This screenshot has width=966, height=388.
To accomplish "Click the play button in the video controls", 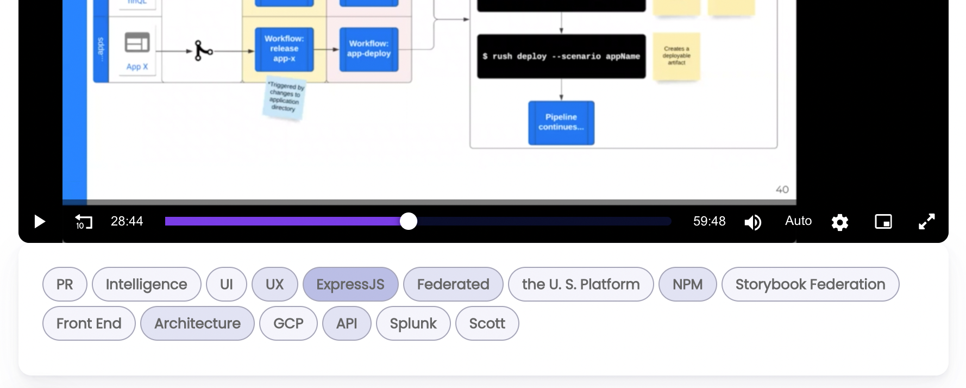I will coord(40,222).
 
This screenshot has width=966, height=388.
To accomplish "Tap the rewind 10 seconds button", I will coord(83,222).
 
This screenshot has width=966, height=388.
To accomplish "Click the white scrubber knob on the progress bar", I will coord(409,221).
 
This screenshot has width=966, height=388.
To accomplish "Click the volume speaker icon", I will coord(752,222).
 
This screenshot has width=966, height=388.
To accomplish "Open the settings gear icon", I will coord(839,222).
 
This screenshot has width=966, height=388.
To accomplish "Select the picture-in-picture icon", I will coord(883,222).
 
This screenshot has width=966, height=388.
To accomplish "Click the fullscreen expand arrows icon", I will coord(926,222).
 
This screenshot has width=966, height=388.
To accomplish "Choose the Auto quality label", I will coord(798,221).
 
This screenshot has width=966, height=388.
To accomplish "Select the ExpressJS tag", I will coord(350,284).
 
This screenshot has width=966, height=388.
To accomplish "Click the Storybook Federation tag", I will coord(810,284).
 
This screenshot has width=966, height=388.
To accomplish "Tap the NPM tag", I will coord(687,284).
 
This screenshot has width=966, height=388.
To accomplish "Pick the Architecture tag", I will coord(197,323).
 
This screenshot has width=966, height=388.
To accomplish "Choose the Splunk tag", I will coord(413,323).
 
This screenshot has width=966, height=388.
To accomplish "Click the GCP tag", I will coord(288,323).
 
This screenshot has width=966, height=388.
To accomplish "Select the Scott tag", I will coord(487,323).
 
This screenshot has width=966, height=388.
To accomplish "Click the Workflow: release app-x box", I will coord(284,49).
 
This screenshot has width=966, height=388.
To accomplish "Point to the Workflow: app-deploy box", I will coord(369,49).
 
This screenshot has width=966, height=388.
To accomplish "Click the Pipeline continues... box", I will coord(561,122).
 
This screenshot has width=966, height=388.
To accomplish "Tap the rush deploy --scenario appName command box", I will coord(561,56).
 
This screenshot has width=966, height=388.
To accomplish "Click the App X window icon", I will coord(137,43).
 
